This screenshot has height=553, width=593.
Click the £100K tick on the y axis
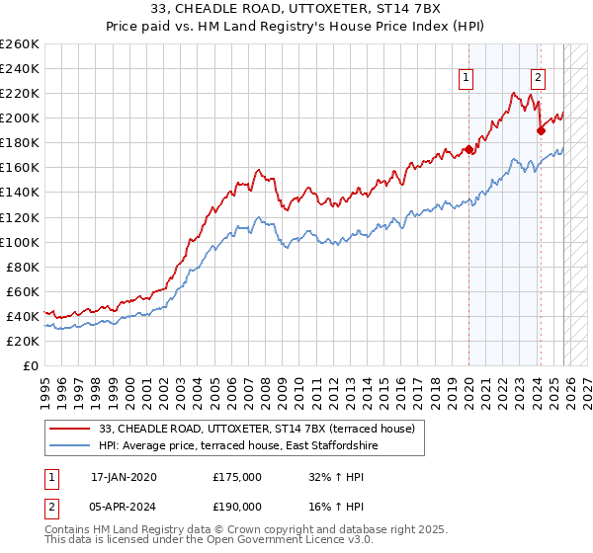coord(19,242)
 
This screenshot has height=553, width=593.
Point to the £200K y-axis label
coord(19,118)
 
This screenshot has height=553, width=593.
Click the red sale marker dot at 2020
coord(467,149)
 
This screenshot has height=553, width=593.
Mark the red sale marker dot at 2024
coord(541,130)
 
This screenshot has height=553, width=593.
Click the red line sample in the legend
coord(71,429)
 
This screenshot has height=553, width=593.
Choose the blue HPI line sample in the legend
coord(71,445)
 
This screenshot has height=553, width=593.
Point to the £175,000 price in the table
coord(237,477)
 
